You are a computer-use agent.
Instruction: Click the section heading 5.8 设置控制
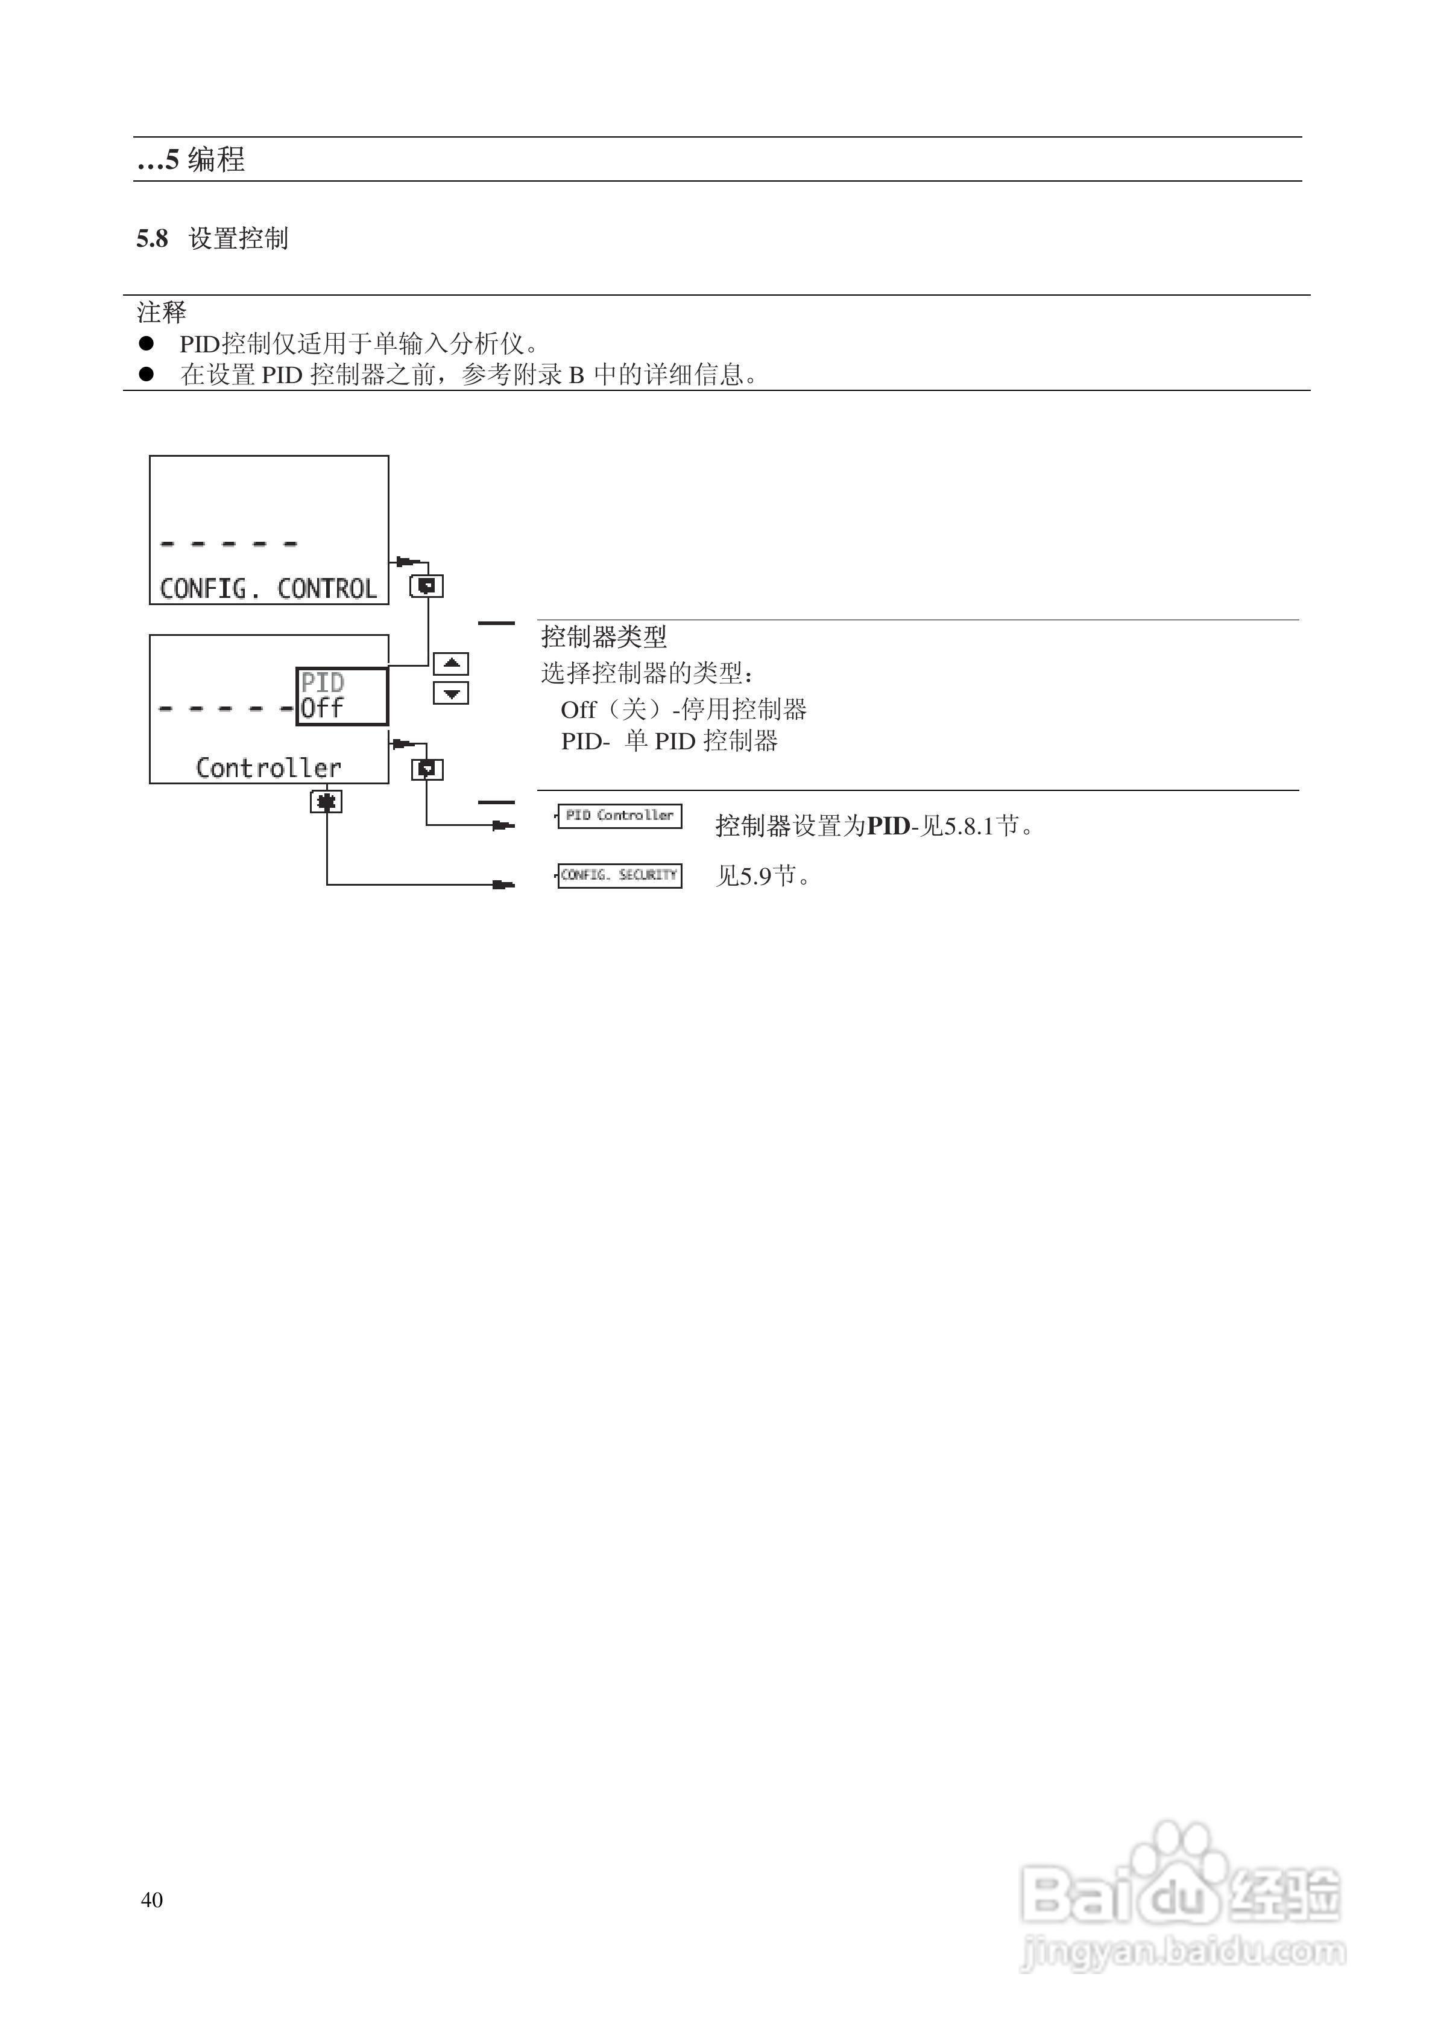pyautogui.click(x=212, y=239)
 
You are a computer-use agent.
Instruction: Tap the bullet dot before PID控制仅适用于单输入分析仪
pyautogui.click(x=146, y=343)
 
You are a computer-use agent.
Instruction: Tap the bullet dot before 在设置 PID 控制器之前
pyautogui.click(x=146, y=374)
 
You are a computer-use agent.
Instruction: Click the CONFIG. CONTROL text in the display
pyautogui.click(x=268, y=588)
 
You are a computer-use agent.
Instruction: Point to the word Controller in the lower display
pyautogui.click(x=268, y=767)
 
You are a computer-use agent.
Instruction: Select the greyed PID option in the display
pyautogui.click(x=322, y=682)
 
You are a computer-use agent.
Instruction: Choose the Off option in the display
pyautogui.click(x=321, y=708)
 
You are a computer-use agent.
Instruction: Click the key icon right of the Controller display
pyautogui.click(x=427, y=769)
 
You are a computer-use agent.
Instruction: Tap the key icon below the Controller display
pyautogui.click(x=326, y=802)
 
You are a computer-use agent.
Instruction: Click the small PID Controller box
pyautogui.click(x=619, y=815)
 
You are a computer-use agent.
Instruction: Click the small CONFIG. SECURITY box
pyautogui.click(x=619, y=875)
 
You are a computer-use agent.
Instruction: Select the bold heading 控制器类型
pyautogui.click(x=604, y=637)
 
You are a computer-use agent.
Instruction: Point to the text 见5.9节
pyautogui.click(x=763, y=876)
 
